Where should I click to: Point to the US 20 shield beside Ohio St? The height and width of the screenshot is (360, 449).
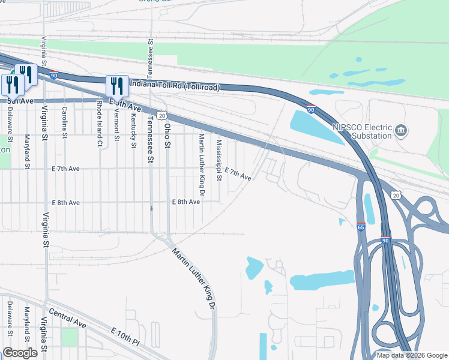pyautogui.click(x=161, y=115)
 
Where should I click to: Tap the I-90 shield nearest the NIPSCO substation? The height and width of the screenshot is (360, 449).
pyautogui.click(x=311, y=110)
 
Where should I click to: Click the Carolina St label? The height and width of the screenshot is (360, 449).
pyautogui.click(x=65, y=122)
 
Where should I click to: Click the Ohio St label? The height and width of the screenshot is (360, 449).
pyautogui.click(x=168, y=136)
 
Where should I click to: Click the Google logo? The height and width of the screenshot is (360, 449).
pyautogui.click(x=20, y=353)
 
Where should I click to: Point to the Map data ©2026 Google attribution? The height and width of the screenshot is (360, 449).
pyautogui.click(x=411, y=355)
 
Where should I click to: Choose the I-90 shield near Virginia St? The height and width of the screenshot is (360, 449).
pyautogui.click(x=53, y=76)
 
